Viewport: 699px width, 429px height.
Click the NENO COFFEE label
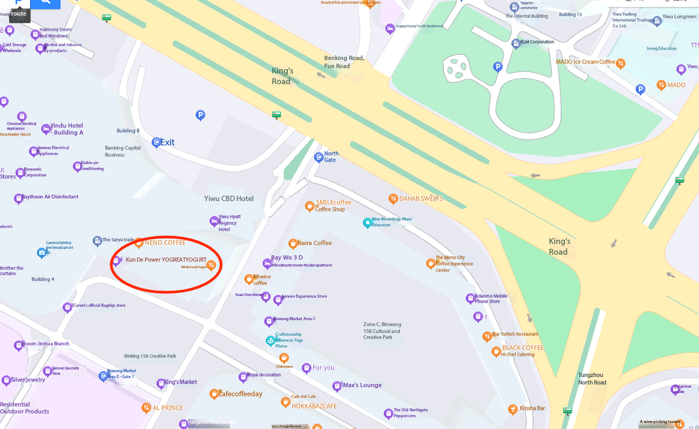click(165, 243)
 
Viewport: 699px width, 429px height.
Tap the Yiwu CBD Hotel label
click(229, 199)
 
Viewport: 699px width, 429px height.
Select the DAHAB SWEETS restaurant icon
click(393, 198)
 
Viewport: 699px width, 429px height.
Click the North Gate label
click(331, 157)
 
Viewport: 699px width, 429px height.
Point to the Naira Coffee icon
click(293, 243)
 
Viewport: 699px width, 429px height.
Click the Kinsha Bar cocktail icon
click(513, 409)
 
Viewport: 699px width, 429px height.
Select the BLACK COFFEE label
click(523, 347)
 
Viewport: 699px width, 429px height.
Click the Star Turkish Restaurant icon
click(486, 336)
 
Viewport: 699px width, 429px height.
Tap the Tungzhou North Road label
click(592, 379)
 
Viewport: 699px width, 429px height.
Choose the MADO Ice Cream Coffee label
click(585, 62)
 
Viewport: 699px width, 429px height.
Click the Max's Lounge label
click(362, 386)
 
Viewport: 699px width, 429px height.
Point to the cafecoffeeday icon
click(214, 394)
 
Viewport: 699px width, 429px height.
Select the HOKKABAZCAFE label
click(314, 406)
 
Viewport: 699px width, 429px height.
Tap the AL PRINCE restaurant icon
click(146, 408)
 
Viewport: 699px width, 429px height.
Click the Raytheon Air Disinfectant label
click(50, 197)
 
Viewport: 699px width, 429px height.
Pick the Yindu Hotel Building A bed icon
click(46, 129)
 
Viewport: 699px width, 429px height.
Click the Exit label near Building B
click(168, 143)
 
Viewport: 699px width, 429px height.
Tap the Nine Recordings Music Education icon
click(367, 222)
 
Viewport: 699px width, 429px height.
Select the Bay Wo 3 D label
click(287, 258)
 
